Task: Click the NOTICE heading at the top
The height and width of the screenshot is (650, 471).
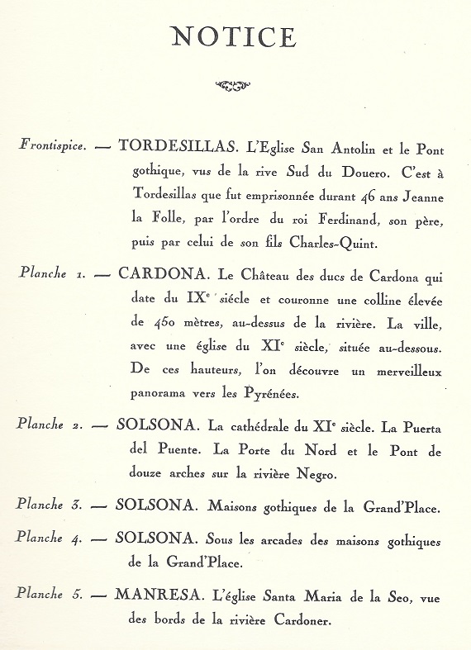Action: pos(233,37)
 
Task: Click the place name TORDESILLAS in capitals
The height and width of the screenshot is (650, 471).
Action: pos(179,146)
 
